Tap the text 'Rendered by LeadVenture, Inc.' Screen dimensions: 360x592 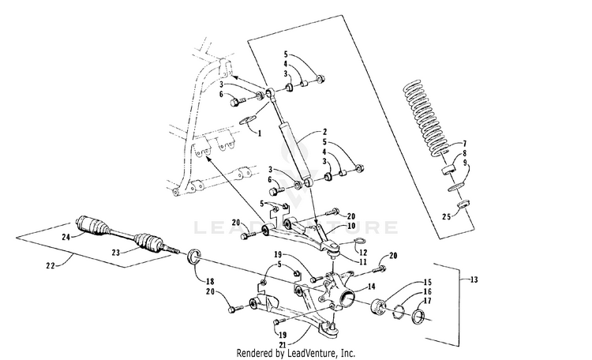(x=296, y=352)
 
